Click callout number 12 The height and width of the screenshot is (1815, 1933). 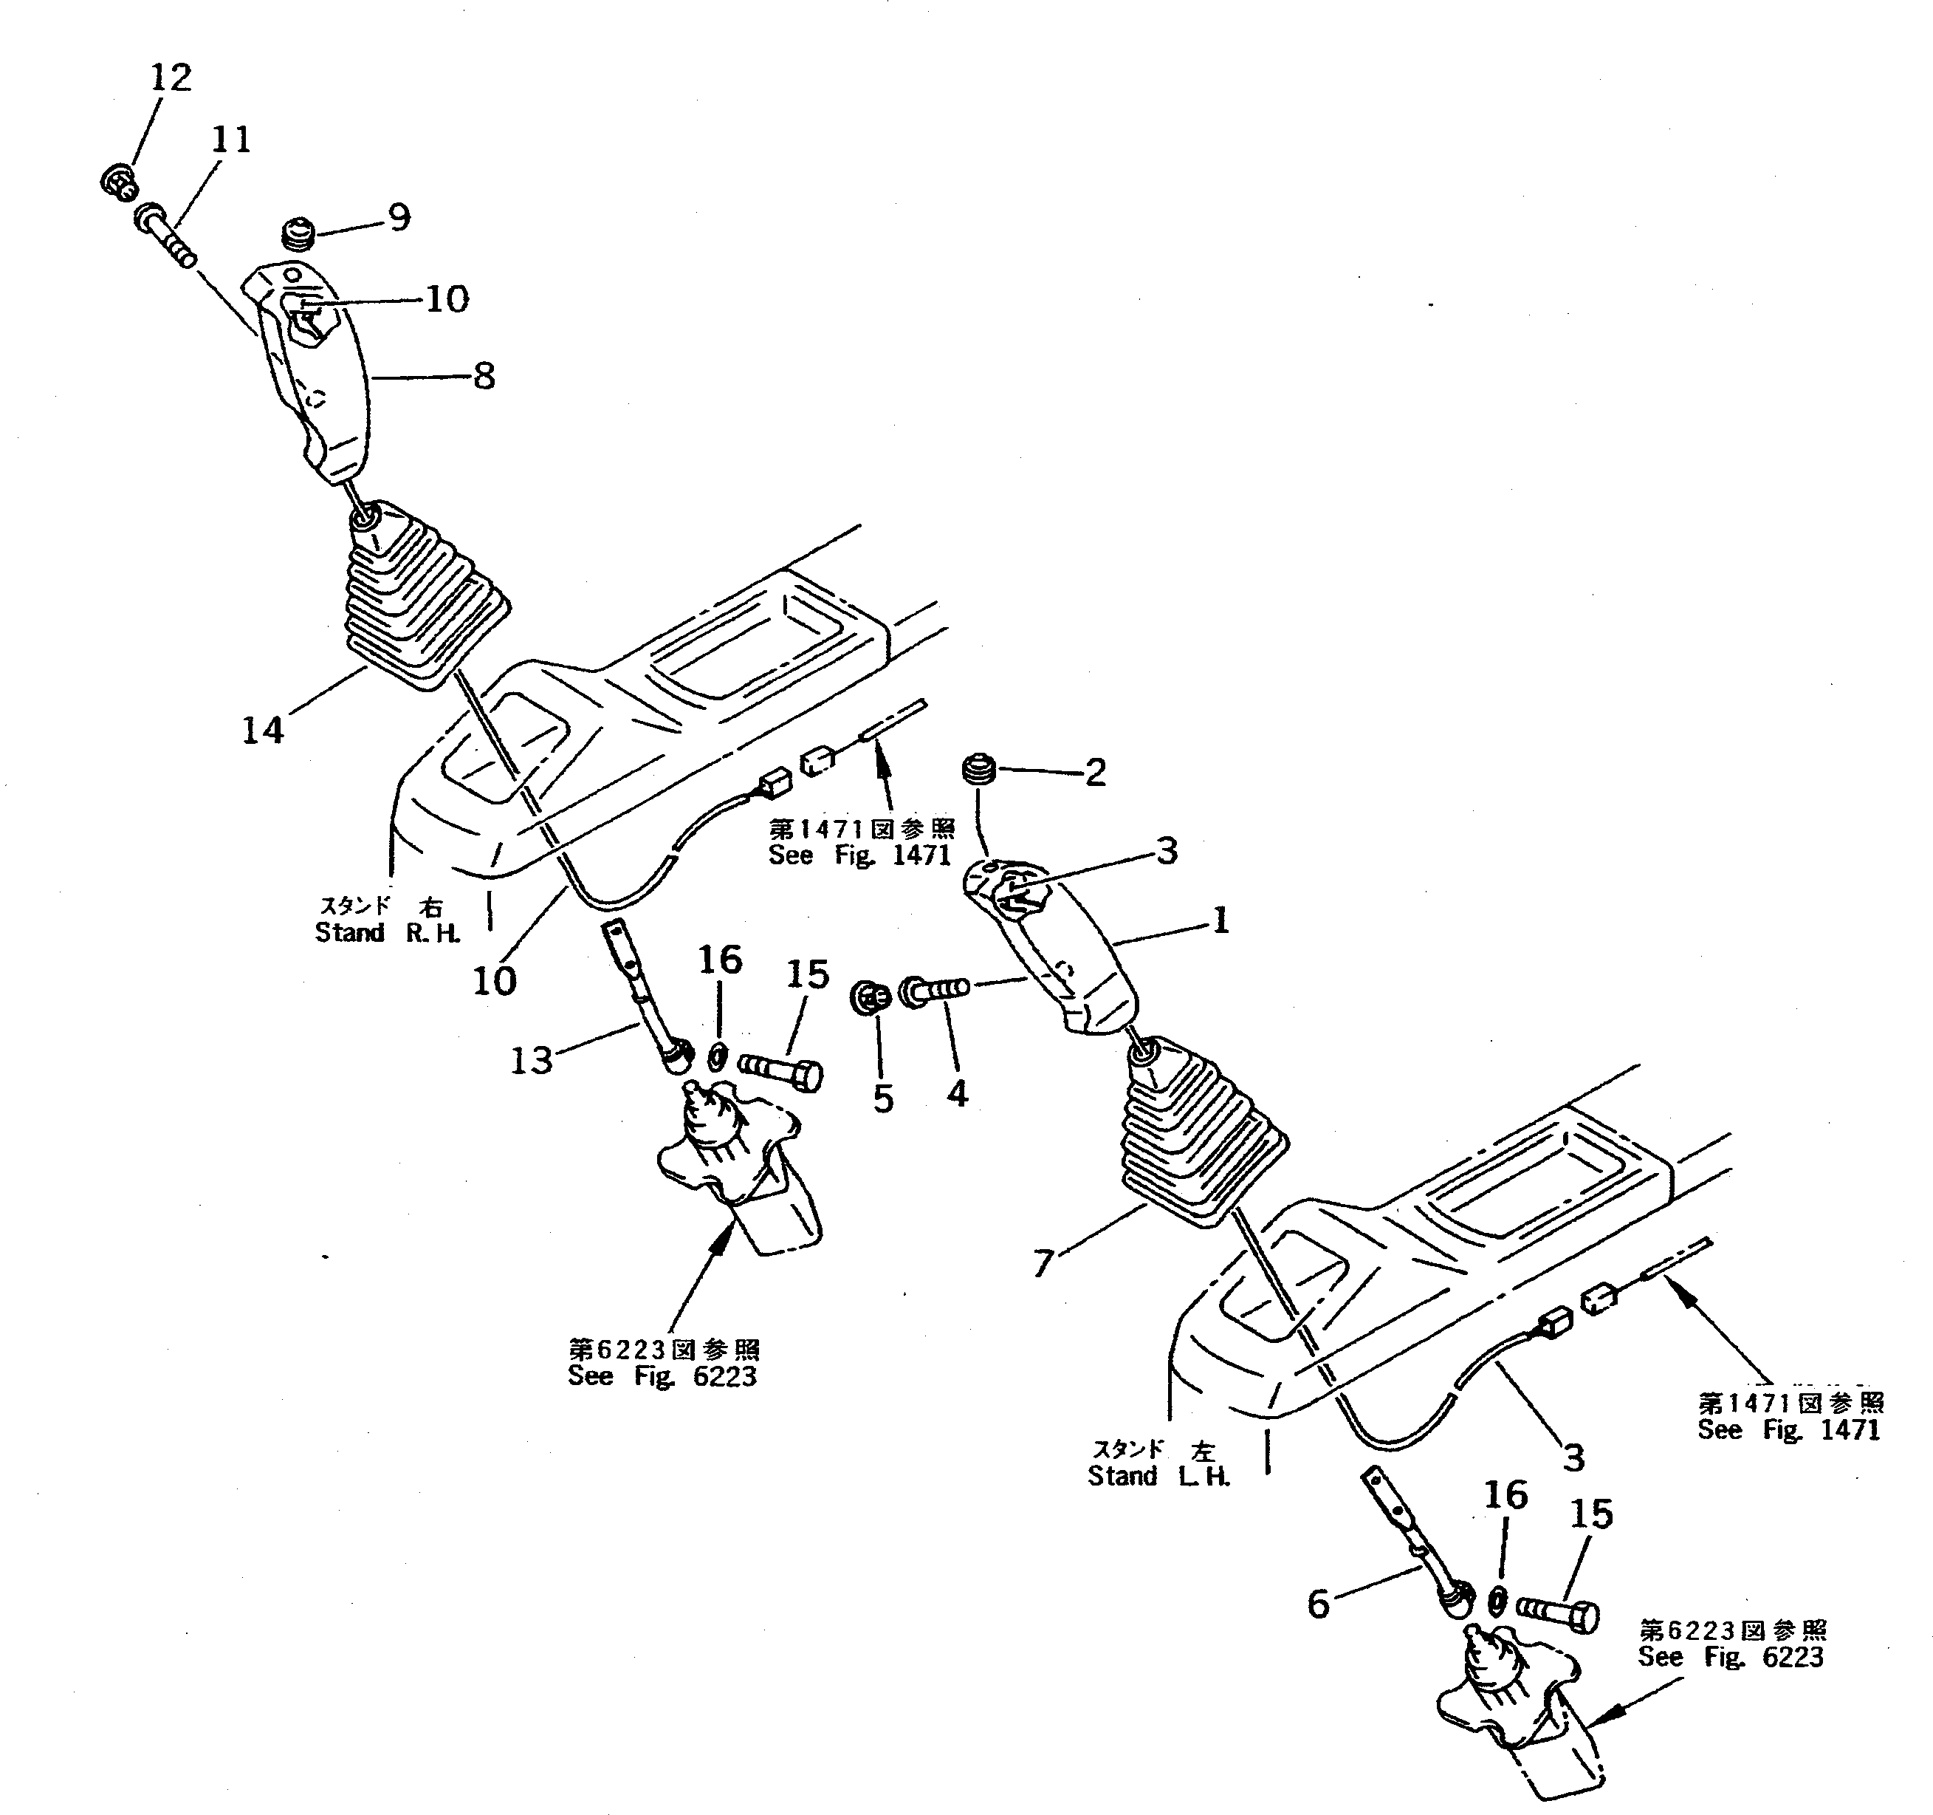(x=171, y=78)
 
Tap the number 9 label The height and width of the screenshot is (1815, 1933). (x=399, y=217)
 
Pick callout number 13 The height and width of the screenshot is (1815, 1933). (x=531, y=1060)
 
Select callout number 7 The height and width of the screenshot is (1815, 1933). (x=1043, y=1263)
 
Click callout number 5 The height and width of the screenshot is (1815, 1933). (x=882, y=1098)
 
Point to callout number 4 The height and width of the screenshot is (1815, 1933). (x=957, y=1093)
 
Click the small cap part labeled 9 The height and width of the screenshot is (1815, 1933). (x=298, y=234)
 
